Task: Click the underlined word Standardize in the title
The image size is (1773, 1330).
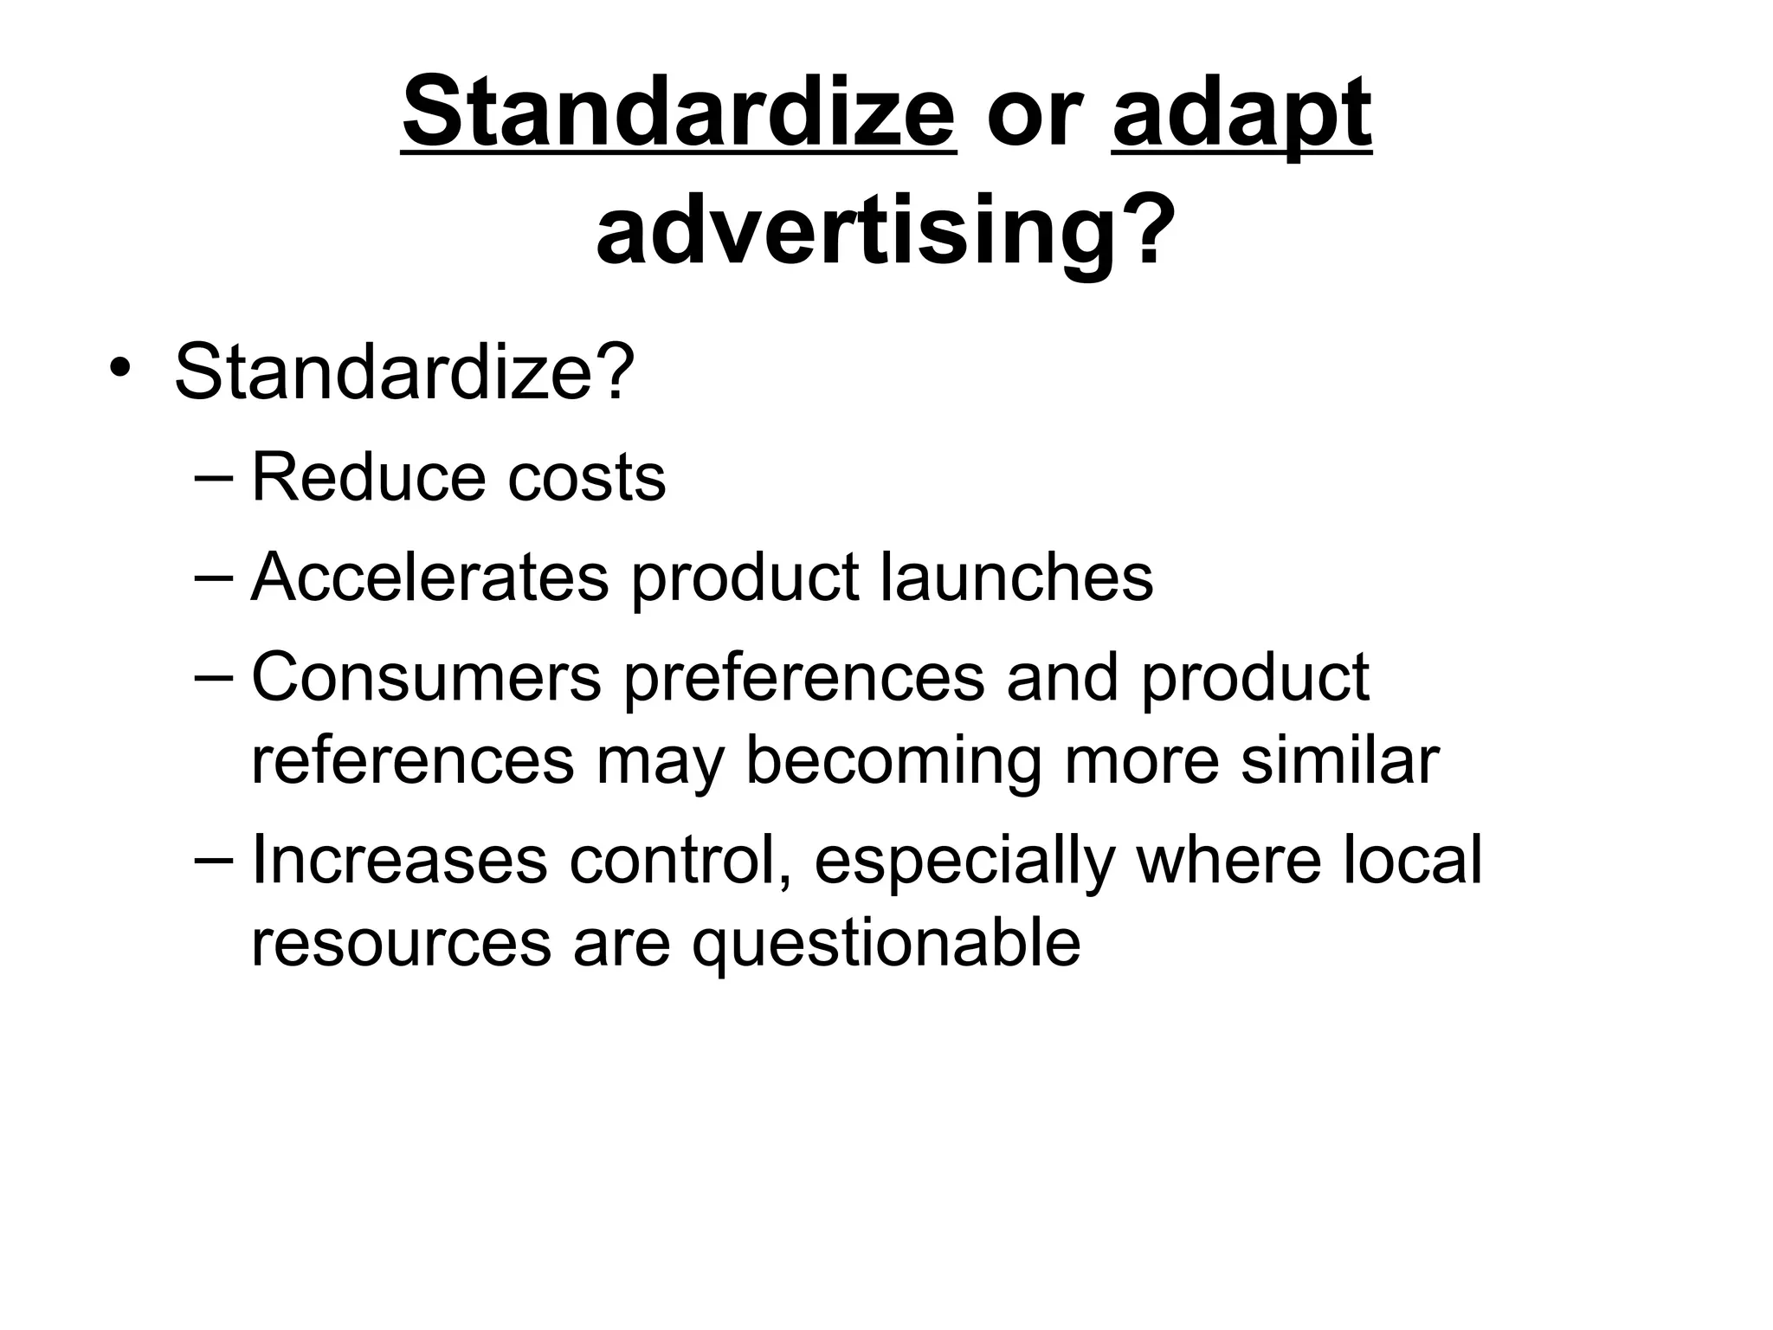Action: (679, 113)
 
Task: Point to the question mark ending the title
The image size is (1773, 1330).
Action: (1146, 227)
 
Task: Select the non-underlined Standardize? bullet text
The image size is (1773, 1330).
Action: (404, 371)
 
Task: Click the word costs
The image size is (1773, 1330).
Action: (586, 479)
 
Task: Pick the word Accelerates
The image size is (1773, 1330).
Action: (429, 578)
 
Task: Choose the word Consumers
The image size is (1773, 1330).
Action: (426, 677)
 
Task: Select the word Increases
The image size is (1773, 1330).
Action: (399, 861)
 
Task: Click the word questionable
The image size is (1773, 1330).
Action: (886, 944)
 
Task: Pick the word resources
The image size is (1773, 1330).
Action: (401, 944)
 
